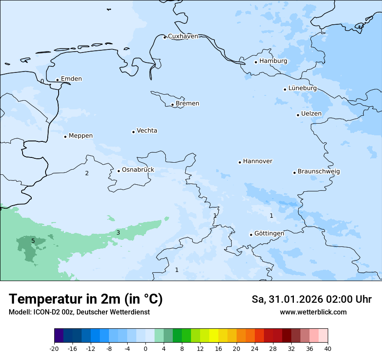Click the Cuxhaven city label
[183, 36]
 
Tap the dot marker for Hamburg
[256, 62]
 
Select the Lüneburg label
[303, 88]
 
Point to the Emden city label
[71, 79]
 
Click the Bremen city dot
[172, 105]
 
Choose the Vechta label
[147, 131]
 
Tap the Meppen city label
[81, 136]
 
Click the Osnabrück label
[138, 170]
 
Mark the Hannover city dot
[240, 162]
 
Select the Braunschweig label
[319, 171]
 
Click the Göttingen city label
[269, 233]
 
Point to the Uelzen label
[311, 114]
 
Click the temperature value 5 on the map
[33, 241]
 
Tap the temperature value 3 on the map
[118, 233]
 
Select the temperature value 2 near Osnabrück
[87, 173]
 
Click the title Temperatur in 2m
[86, 299]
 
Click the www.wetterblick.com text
[313, 312]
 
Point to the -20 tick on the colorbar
[54, 348]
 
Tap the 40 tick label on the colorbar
[328, 348]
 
